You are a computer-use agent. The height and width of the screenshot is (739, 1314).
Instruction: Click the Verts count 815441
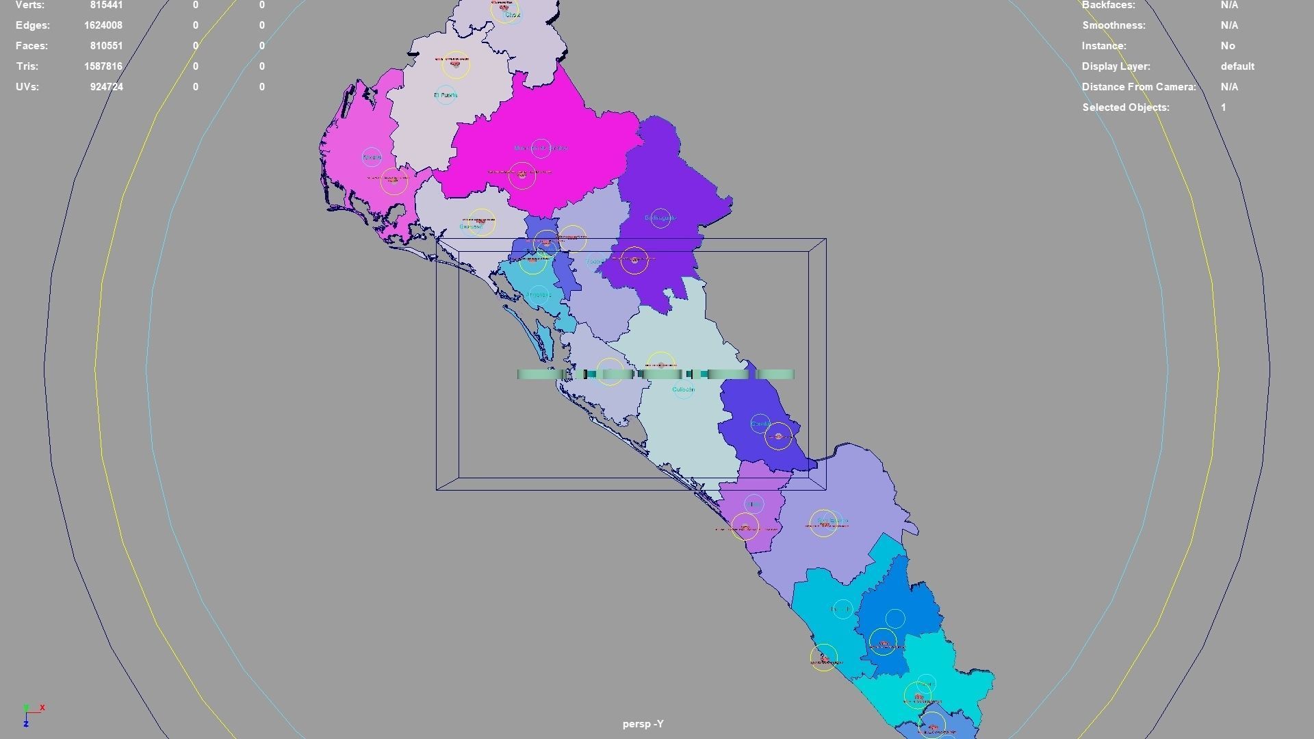[106, 5]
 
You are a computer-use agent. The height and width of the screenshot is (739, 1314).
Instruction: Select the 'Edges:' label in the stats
[33, 25]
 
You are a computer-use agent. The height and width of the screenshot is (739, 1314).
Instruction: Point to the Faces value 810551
[106, 46]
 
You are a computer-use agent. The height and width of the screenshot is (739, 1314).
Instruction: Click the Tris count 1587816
[108, 66]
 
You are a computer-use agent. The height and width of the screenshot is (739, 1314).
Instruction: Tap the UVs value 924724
[106, 87]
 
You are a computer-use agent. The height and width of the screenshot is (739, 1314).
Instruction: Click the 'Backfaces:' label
[1108, 5]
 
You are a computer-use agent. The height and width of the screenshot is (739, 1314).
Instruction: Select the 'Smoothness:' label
[1113, 25]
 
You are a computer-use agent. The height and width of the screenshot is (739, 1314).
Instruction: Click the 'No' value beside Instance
[1228, 46]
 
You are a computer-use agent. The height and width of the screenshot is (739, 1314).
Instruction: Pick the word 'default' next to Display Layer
[1237, 66]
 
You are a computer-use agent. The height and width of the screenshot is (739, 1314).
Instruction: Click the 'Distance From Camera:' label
[1139, 87]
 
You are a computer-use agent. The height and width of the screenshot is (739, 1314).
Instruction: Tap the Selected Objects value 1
[1223, 107]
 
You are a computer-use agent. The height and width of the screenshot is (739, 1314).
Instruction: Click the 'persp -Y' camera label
[643, 724]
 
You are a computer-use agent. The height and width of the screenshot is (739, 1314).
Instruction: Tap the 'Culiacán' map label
[683, 389]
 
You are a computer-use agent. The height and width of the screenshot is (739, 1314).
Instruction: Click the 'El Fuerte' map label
[446, 95]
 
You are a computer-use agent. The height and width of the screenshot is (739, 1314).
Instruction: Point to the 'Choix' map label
[513, 15]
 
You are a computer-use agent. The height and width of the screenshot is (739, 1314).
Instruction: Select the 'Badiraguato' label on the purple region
[660, 218]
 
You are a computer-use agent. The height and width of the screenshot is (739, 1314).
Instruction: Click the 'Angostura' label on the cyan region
[539, 295]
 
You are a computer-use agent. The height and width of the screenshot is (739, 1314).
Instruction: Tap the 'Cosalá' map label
[760, 424]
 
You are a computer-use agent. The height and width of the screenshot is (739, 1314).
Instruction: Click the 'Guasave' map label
[471, 226]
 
